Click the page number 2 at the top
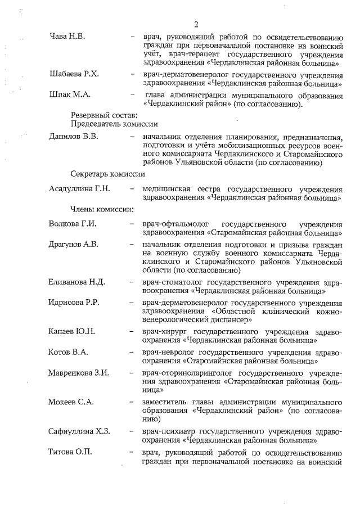tap(196, 24)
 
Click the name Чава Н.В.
tap(67, 37)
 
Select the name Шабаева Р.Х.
tap(74, 74)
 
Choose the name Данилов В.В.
tap(74, 137)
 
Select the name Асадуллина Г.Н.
tap(79, 188)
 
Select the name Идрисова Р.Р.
tap(75, 303)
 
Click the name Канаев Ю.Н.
tap(72, 331)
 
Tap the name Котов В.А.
tap(69, 352)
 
